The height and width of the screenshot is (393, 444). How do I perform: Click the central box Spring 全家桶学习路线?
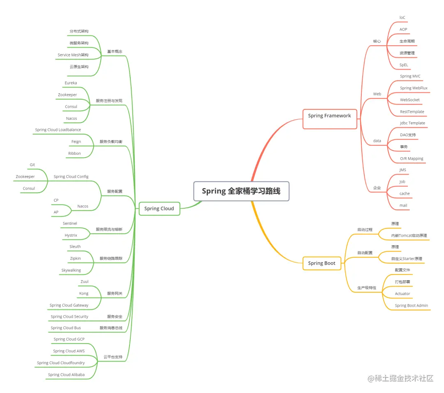point(241,191)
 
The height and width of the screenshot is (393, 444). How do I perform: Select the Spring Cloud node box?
point(159,209)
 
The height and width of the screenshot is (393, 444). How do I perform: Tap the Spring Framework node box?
point(329,116)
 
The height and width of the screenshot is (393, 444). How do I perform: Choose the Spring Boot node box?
point(321,263)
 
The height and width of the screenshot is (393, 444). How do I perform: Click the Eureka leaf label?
point(71,83)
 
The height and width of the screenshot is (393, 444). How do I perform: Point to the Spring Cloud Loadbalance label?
point(58,130)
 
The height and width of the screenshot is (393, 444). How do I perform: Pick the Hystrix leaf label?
point(71,235)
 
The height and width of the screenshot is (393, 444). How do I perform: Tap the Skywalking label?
point(71,270)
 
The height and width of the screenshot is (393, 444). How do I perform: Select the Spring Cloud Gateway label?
point(69,305)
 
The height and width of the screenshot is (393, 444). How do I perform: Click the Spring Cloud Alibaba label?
point(66,375)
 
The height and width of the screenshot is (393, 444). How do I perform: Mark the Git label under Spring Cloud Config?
point(32,165)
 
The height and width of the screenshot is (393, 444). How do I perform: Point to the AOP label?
point(403,30)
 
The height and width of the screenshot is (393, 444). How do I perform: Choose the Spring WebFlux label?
point(414,88)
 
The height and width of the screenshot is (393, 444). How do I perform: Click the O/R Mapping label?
point(412,159)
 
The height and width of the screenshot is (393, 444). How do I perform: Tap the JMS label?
point(403,170)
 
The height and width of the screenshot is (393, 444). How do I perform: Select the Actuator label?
point(402,294)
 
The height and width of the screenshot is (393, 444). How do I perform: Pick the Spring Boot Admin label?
point(411,306)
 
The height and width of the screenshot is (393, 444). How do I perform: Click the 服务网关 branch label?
point(115,294)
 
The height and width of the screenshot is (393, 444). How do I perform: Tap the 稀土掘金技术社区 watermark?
point(401,379)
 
